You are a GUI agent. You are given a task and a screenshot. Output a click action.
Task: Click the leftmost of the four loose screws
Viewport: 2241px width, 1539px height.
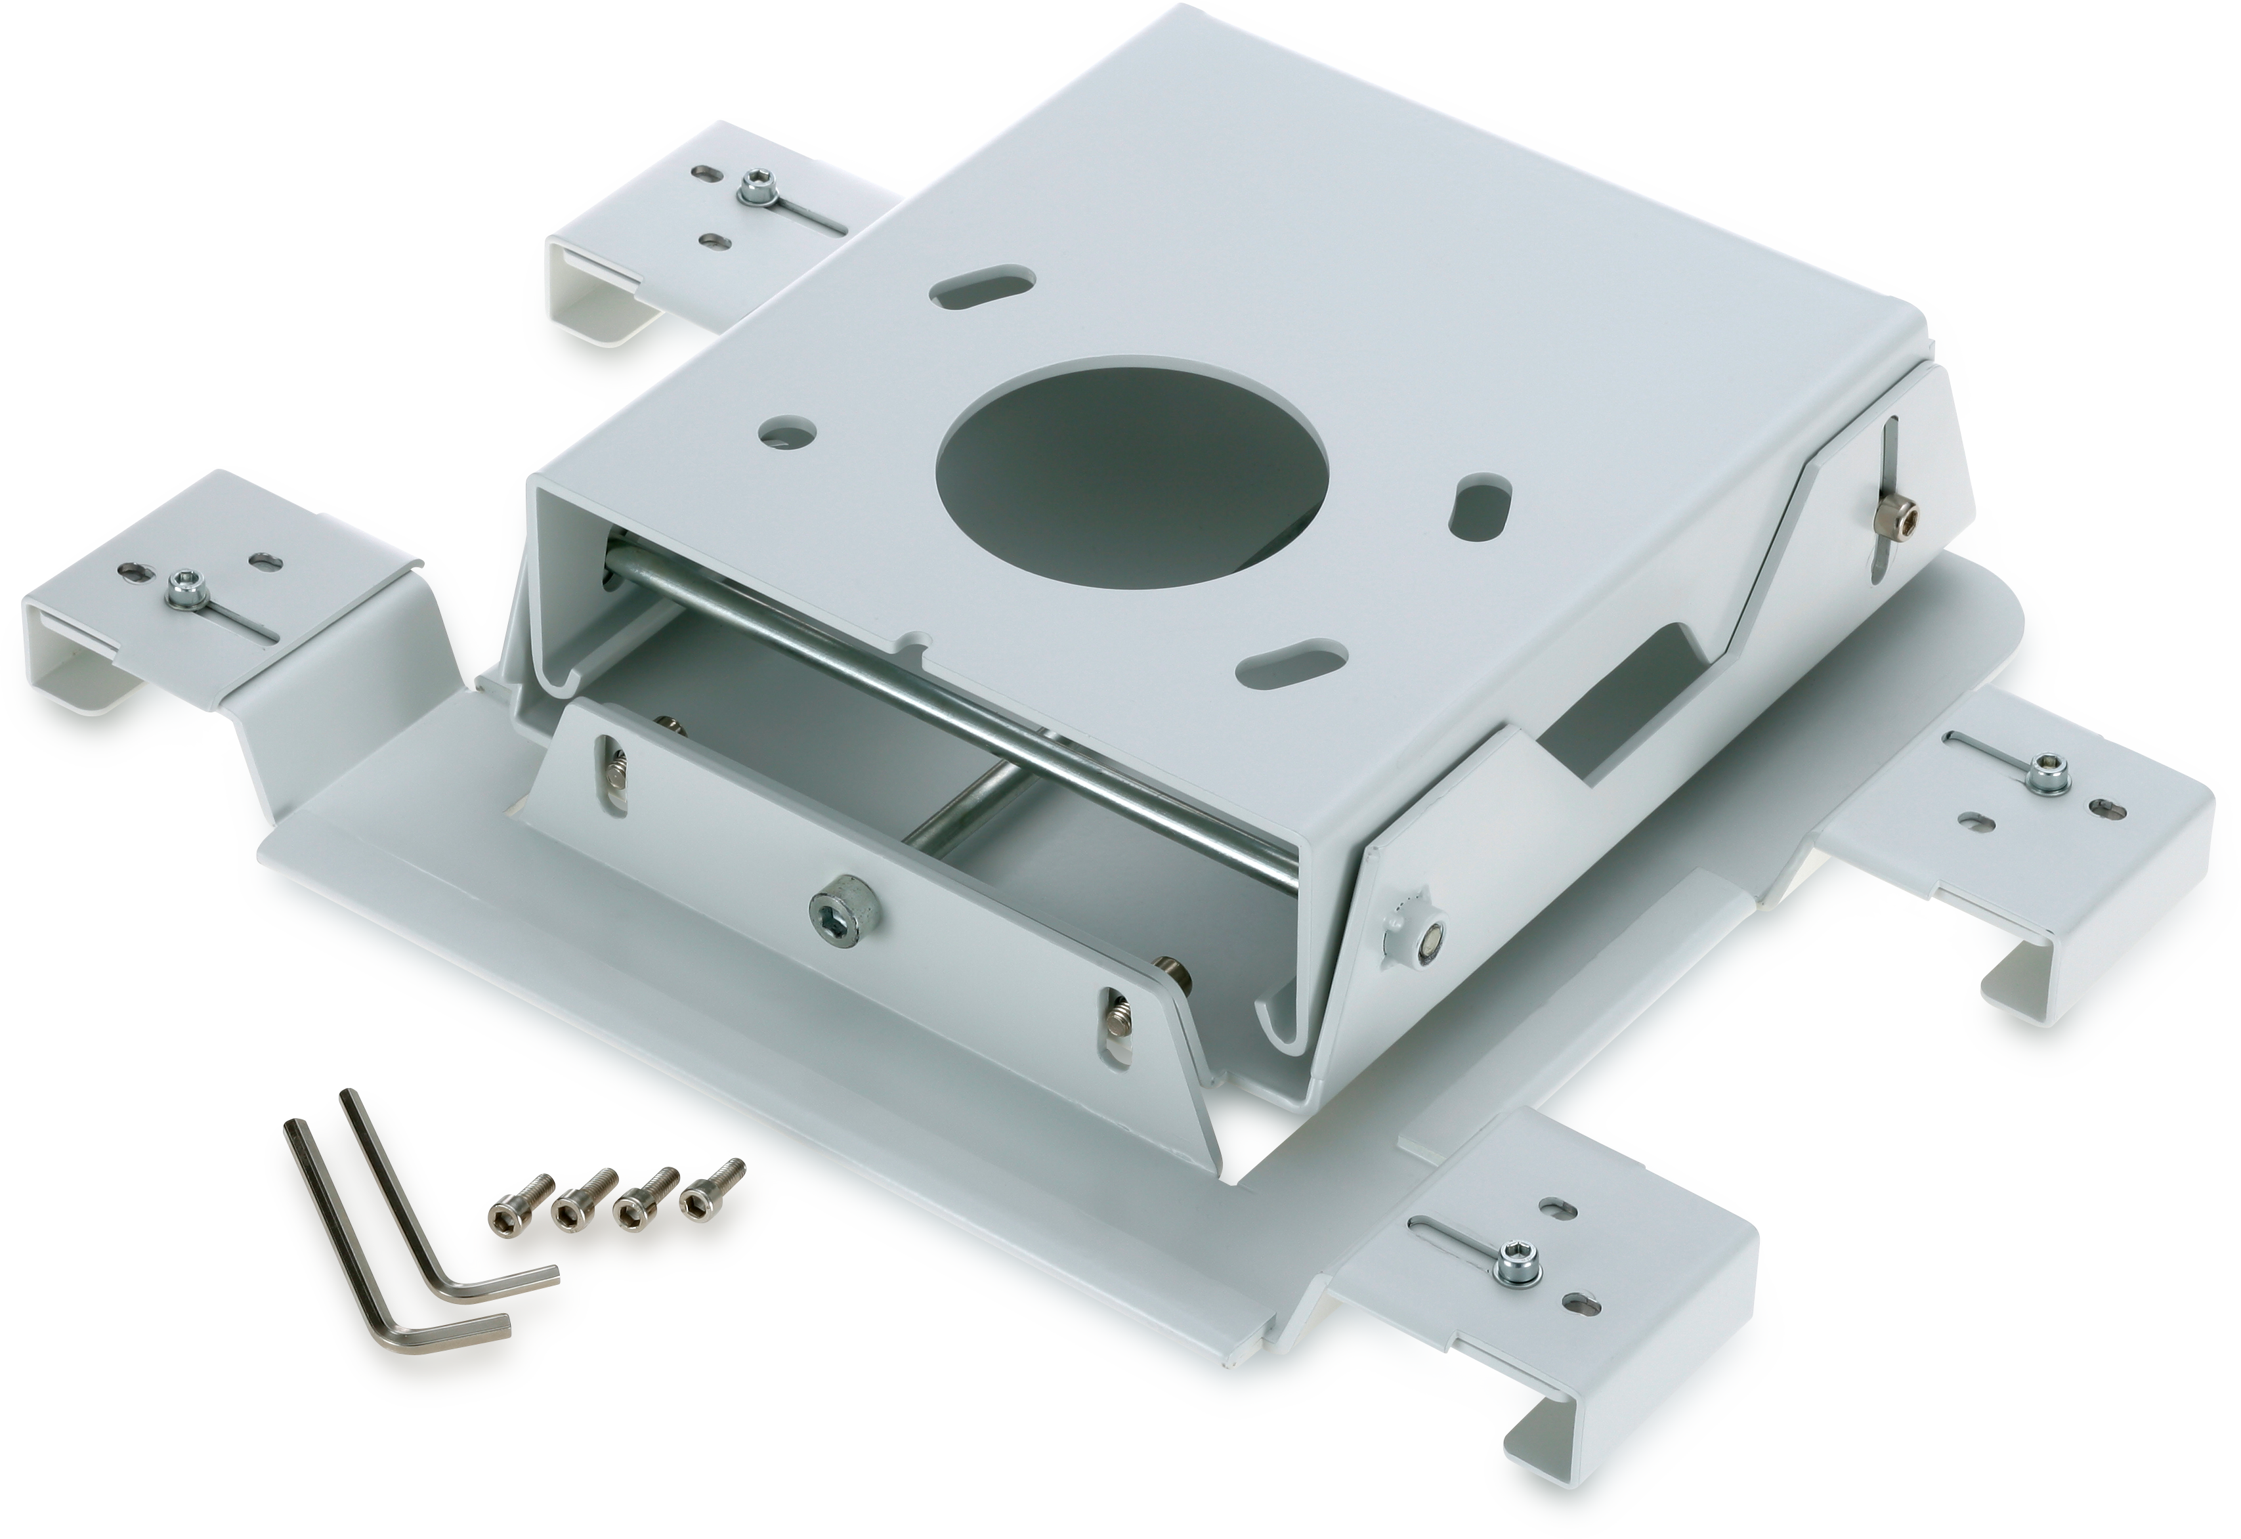point(505,1219)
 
